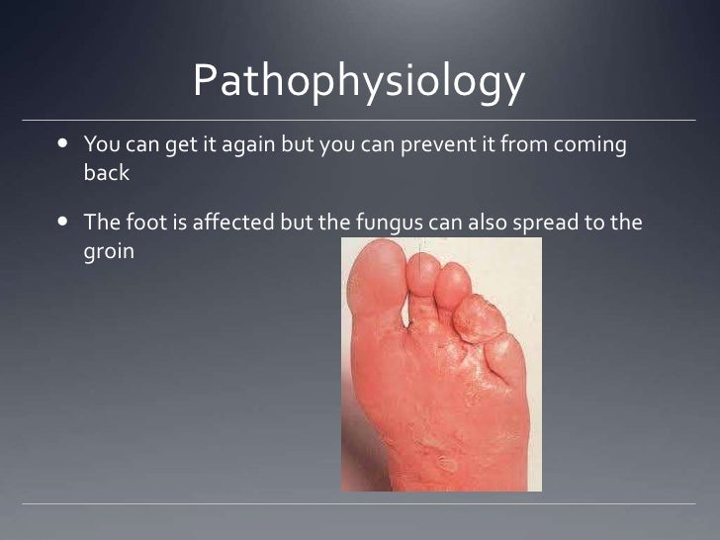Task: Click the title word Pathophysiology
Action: [358, 83]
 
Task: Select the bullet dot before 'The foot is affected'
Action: [62, 223]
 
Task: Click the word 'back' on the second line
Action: [106, 173]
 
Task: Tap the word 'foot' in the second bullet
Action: [142, 223]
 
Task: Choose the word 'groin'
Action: [108, 251]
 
